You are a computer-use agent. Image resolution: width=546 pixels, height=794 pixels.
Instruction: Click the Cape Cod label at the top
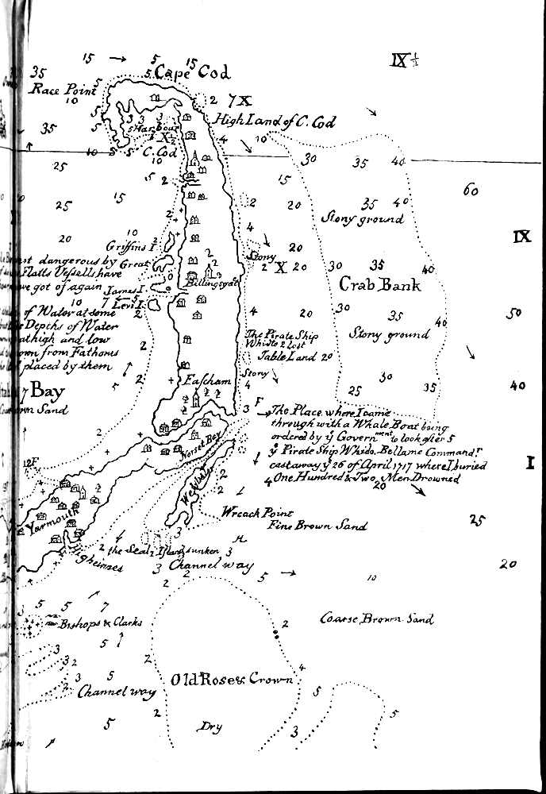193,72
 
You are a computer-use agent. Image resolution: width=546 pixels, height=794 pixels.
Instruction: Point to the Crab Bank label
379,284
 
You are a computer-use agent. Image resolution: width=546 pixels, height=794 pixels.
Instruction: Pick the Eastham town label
206,381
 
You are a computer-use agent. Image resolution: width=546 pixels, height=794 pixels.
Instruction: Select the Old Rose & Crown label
232,680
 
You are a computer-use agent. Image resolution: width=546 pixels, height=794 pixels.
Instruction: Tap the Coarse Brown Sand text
377,618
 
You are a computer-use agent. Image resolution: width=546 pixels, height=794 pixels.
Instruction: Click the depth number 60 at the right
470,191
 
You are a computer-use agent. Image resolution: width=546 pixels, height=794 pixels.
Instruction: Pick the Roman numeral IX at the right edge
521,236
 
